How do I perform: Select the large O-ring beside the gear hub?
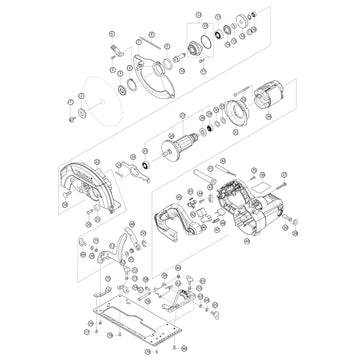205,42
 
